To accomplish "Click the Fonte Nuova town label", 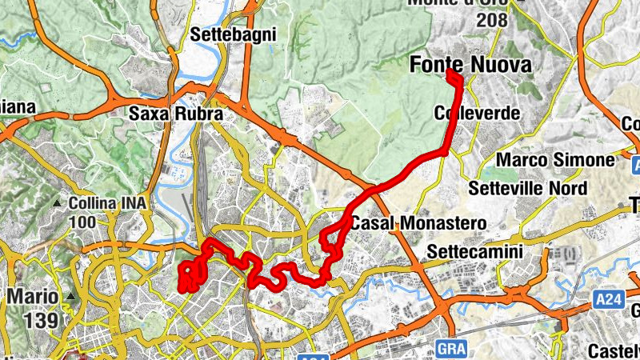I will [470, 66].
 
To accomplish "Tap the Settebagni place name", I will [234, 34].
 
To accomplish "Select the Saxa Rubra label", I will [175, 114].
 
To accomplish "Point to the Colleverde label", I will [477, 114].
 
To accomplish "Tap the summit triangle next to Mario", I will [71, 298].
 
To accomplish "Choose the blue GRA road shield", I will [451, 348].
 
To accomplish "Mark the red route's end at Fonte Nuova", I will [451, 74].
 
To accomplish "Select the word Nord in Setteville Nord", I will [566, 189].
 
